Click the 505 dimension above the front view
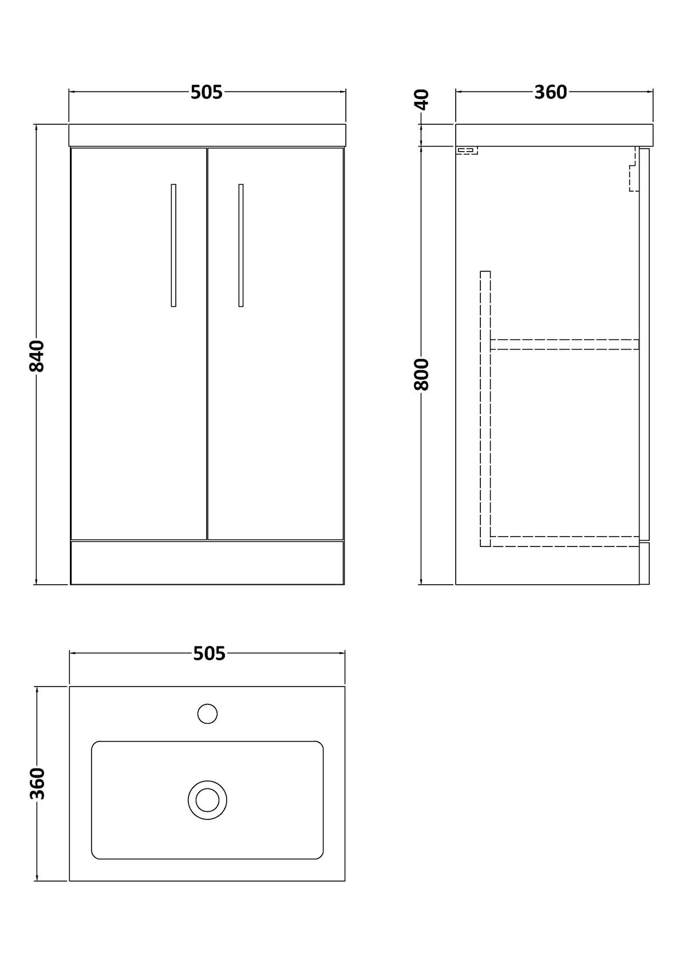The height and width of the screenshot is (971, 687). (207, 92)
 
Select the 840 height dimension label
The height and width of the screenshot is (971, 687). (37, 356)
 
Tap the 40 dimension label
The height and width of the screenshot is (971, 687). (422, 99)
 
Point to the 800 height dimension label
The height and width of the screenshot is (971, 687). (421, 375)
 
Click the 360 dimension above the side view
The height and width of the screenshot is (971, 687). (550, 92)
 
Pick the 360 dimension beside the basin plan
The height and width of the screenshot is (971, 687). (37, 783)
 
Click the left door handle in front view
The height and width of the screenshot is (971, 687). (173, 245)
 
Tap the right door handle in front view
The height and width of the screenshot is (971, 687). (240, 245)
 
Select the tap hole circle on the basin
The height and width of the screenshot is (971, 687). (207, 714)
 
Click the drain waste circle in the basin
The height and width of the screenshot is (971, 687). (207, 800)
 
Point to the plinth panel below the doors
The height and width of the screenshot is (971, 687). (207, 562)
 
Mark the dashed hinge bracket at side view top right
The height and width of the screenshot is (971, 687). (634, 169)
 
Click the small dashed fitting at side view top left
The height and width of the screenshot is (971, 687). (467, 150)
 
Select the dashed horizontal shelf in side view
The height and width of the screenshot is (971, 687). (564, 344)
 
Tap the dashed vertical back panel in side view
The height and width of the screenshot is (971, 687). (485, 409)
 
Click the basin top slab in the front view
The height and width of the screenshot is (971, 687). (207, 135)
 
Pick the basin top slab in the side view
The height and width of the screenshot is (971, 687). (554, 135)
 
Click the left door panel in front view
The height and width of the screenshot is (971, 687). (139, 344)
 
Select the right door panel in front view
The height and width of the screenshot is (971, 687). (276, 344)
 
